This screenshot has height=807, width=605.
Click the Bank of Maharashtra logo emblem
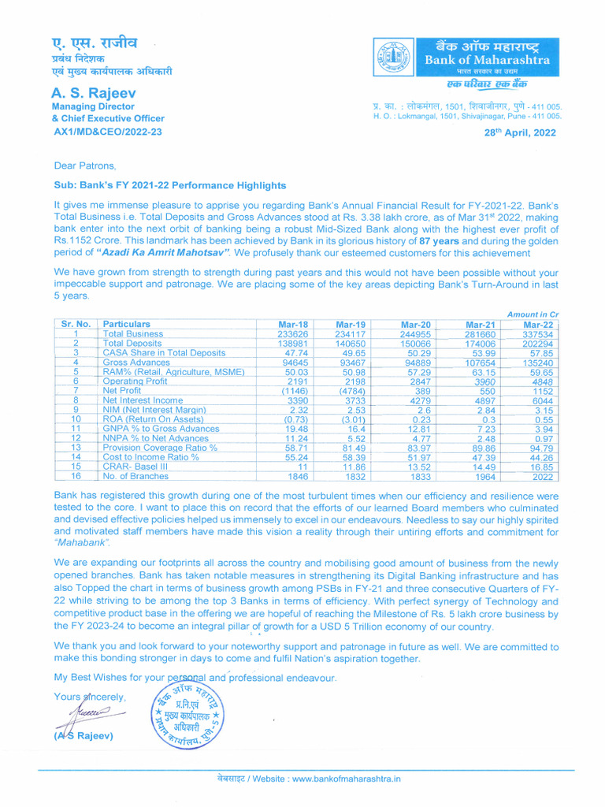391,59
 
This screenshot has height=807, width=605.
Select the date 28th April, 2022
519,132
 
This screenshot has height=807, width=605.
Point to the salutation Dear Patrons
84,165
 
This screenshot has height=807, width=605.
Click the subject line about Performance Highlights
169,185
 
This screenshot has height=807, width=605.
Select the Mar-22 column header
538,324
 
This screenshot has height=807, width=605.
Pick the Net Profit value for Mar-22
541,390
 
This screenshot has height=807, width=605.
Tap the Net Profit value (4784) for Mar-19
351,390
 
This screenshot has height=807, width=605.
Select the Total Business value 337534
538,334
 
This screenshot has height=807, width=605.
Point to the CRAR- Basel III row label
135,467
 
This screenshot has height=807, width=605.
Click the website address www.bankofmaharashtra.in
347,779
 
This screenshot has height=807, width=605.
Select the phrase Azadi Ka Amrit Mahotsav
163,253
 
